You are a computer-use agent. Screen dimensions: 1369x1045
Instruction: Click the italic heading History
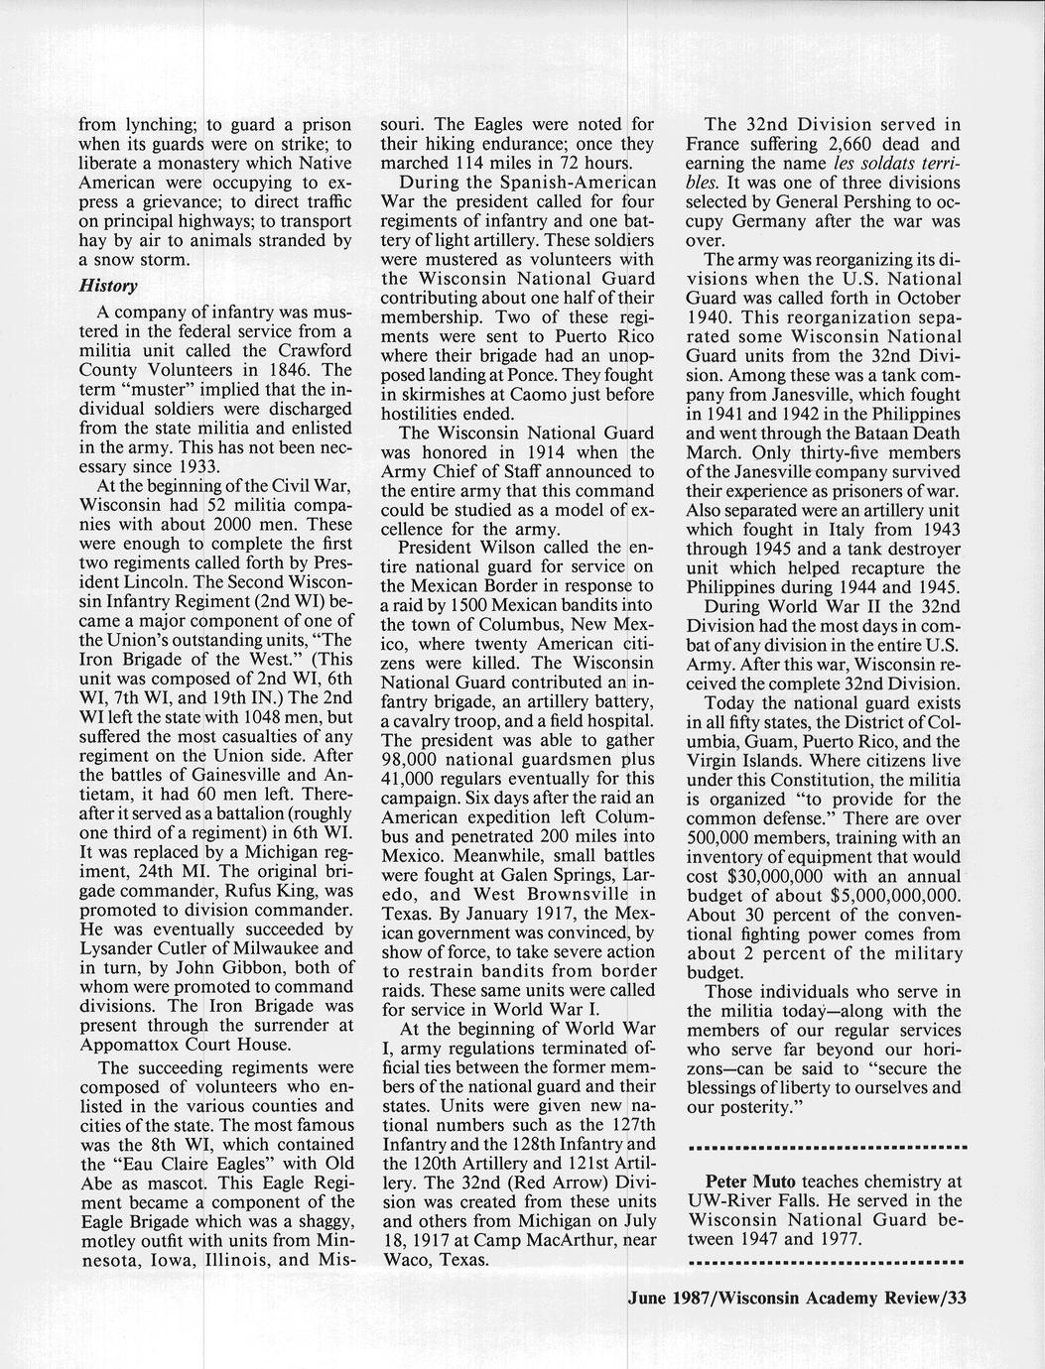108,287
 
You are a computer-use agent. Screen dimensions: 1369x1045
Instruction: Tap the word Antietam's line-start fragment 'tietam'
103,795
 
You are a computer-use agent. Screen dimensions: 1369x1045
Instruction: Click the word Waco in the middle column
404,1260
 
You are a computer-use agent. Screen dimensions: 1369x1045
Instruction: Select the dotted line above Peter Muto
827,1148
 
